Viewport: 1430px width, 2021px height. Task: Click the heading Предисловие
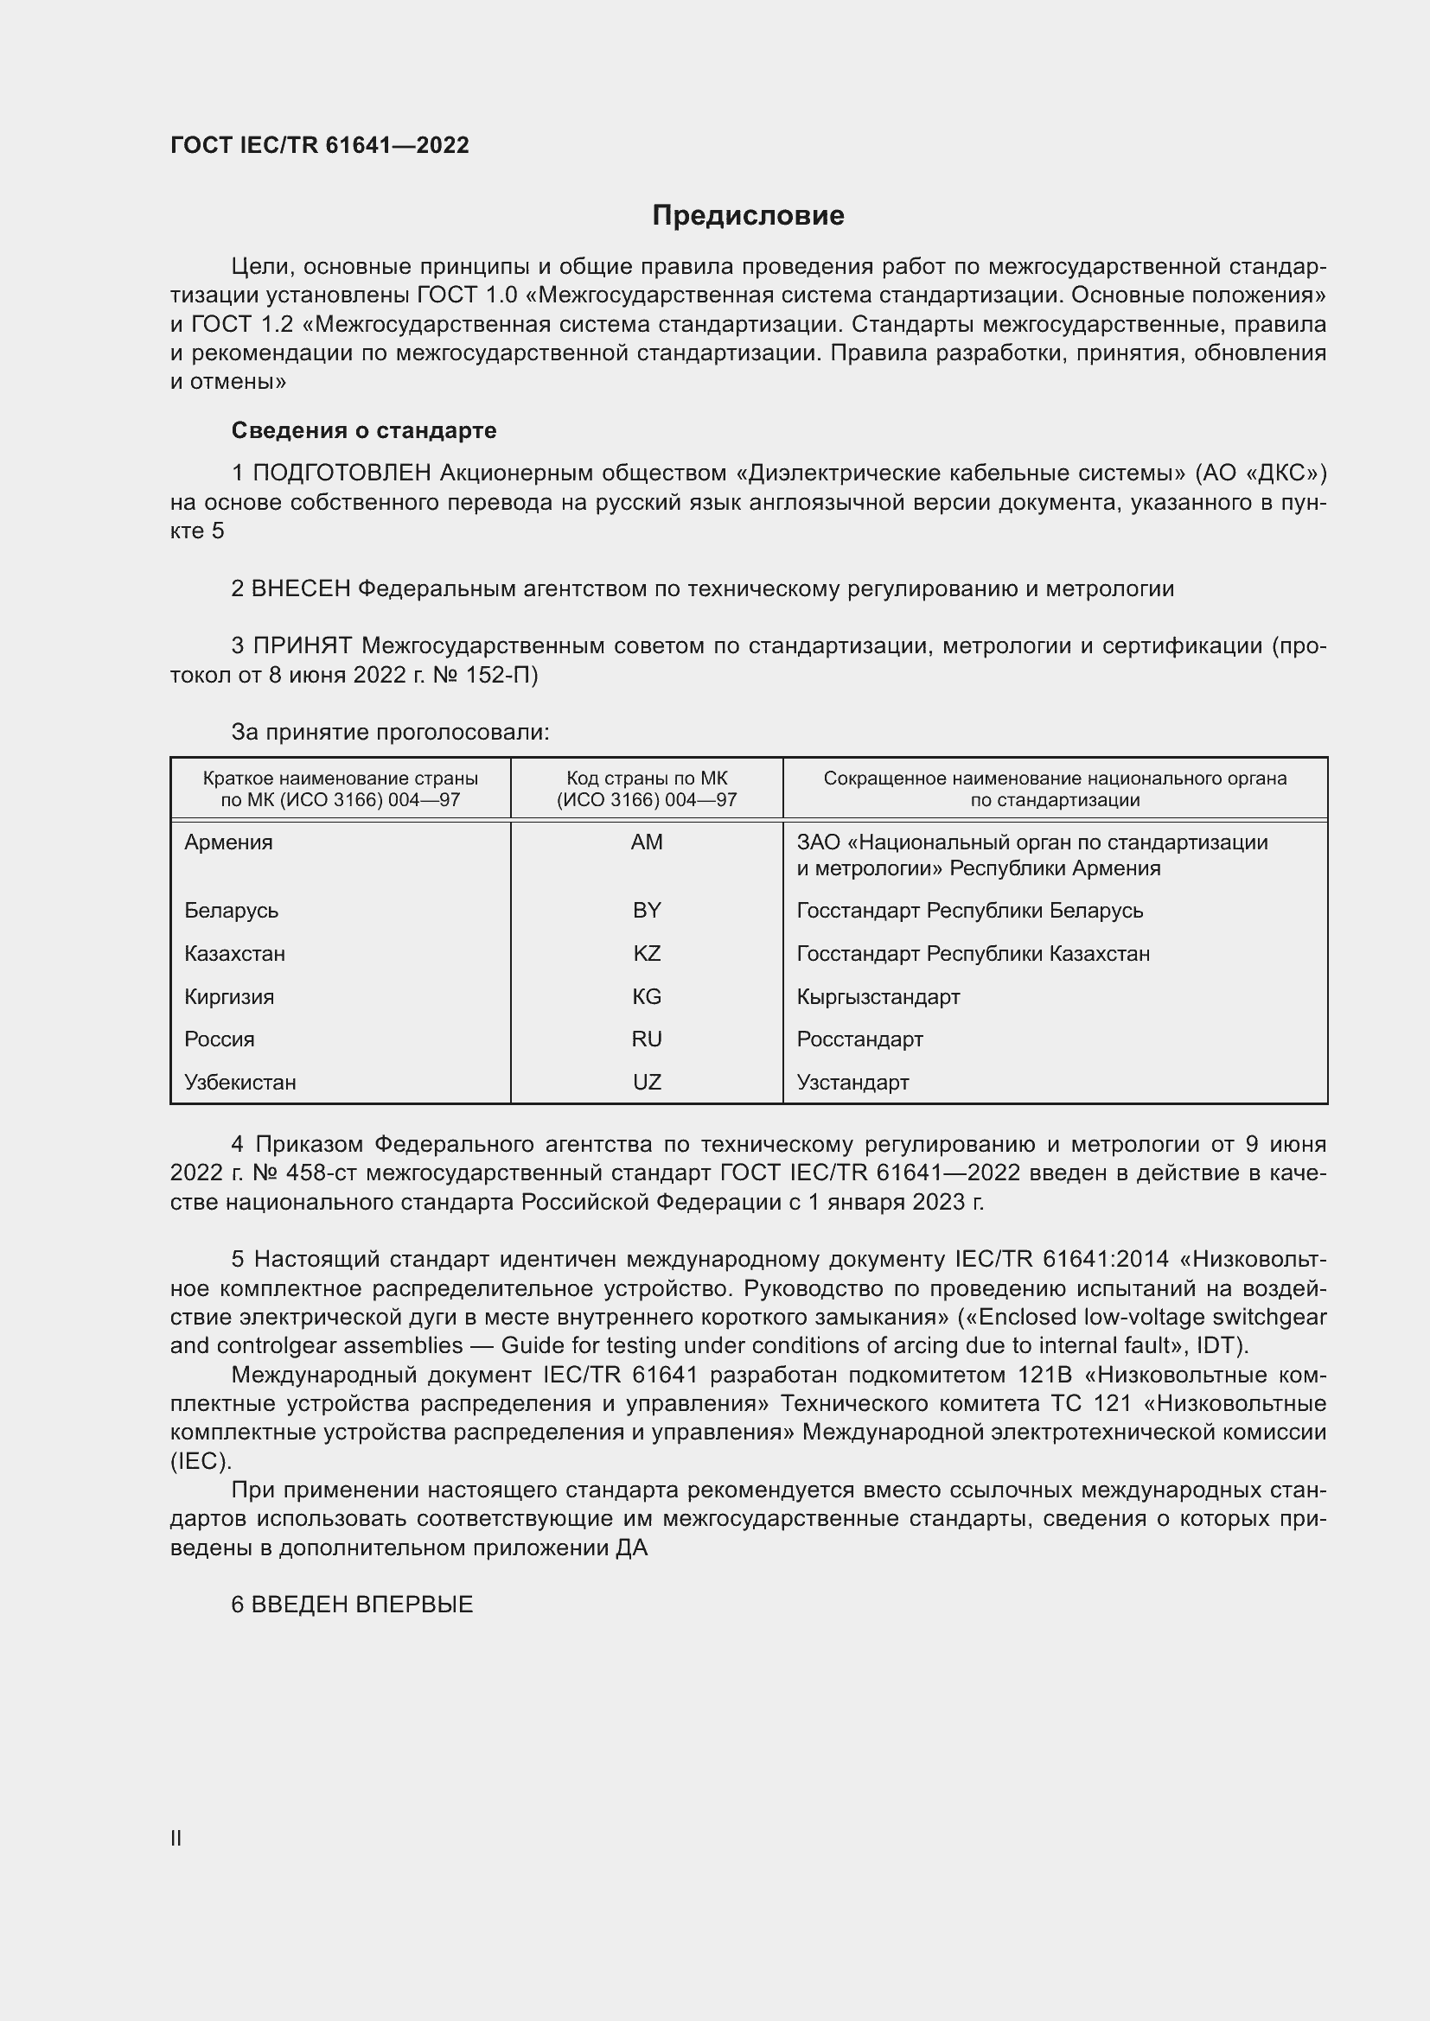pyautogui.click(x=748, y=216)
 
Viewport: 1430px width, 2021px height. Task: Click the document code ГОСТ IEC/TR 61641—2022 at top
pyautogui.click(x=320, y=145)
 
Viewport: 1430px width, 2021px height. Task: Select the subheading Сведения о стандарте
pyautogui.click(x=364, y=430)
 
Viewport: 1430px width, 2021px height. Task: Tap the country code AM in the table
pyautogui.click(x=647, y=842)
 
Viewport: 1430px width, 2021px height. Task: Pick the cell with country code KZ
pyautogui.click(x=647, y=953)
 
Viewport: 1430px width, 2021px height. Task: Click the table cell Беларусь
pyautogui.click(x=232, y=910)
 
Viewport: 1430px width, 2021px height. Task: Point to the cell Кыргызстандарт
pyautogui.click(x=878, y=996)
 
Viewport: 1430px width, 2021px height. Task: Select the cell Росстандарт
pyautogui.click(x=859, y=1039)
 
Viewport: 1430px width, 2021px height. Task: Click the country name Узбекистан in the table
pyautogui.click(x=240, y=1082)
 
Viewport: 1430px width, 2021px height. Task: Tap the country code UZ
pyautogui.click(x=647, y=1082)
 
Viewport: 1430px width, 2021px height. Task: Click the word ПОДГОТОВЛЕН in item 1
pyautogui.click(x=342, y=473)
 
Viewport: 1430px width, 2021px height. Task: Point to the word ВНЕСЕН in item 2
pyautogui.click(x=301, y=589)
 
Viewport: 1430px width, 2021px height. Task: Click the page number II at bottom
pyautogui.click(x=176, y=1838)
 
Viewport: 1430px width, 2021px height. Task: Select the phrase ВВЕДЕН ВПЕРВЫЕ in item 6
pyautogui.click(x=362, y=1605)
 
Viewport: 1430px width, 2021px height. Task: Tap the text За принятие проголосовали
pyautogui.click(x=390, y=733)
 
